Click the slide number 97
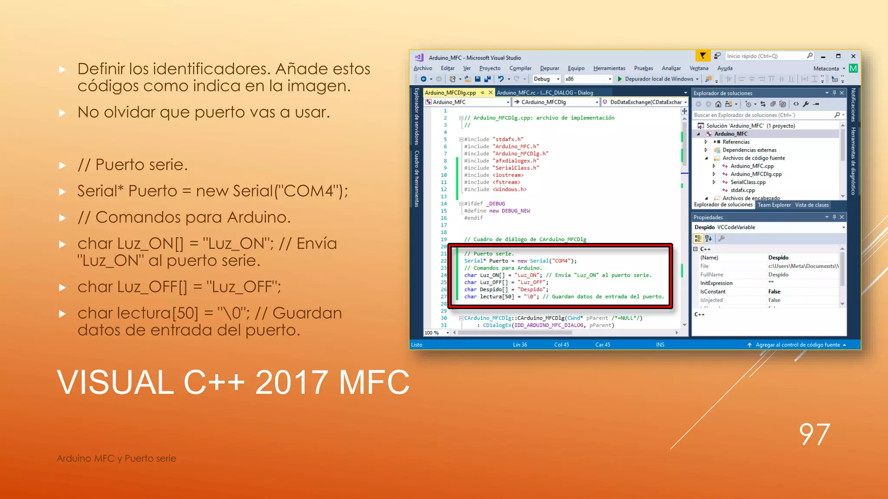(814, 434)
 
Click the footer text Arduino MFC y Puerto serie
(116, 458)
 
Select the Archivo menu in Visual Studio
(423, 68)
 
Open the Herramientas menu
(609, 68)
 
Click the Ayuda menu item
(725, 68)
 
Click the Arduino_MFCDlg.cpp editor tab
(450, 93)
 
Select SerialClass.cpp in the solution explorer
(748, 182)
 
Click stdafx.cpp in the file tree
(742, 190)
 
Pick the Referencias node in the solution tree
(736, 142)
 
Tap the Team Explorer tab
(774, 205)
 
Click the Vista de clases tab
(812, 205)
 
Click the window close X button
(853, 56)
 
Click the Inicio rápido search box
(765, 56)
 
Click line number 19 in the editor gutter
(444, 239)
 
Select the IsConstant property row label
(712, 292)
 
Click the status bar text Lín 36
(520, 345)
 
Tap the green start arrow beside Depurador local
(620, 79)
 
